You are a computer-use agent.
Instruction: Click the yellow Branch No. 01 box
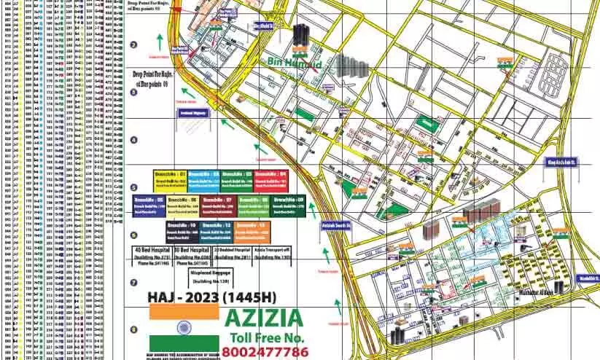pos(169,179)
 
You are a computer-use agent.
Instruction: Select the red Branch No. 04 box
pos(272,179)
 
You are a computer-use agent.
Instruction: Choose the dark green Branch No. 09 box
pos(287,204)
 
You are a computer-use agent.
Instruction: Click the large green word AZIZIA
pos(263,318)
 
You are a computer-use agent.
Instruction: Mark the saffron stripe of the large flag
pos(183,311)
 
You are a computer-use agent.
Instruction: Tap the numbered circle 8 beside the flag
pos(133,329)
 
